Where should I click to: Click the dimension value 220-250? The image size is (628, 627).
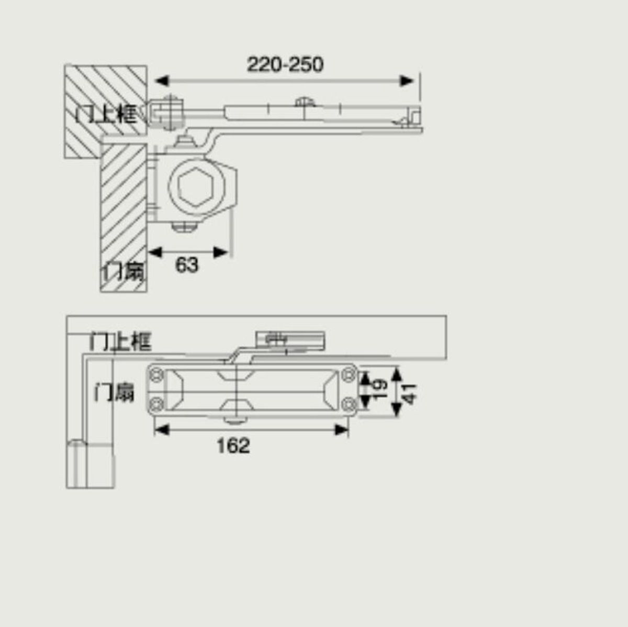[x=285, y=64]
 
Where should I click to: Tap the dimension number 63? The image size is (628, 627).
[x=187, y=265]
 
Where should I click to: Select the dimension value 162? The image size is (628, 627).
[x=233, y=446]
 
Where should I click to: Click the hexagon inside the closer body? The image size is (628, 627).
[x=196, y=186]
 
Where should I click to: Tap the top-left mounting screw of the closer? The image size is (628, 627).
[x=156, y=375]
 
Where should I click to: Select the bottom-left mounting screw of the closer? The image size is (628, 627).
[x=156, y=404]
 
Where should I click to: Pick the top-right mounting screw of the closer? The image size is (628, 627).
[x=349, y=374]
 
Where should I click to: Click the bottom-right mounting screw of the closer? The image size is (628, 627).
[x=349, y=404]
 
